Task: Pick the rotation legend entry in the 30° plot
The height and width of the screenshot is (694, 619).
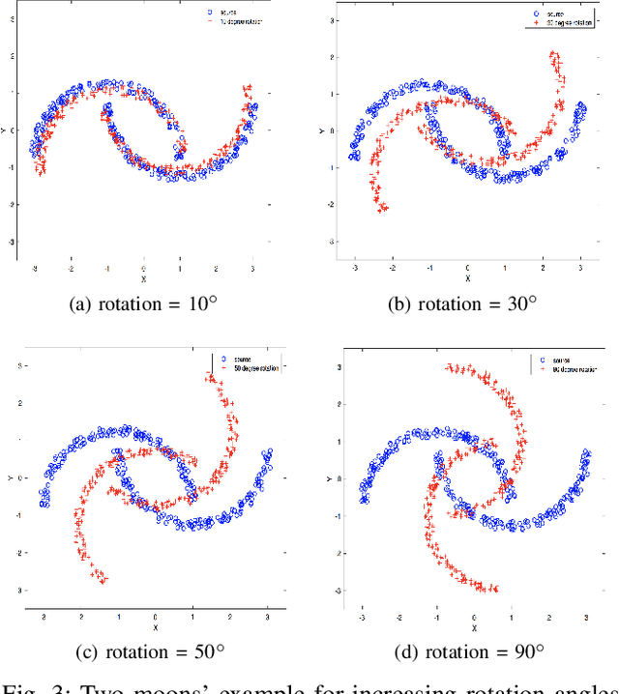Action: pos(562,23)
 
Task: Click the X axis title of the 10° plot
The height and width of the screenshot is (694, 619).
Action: pos(144,282)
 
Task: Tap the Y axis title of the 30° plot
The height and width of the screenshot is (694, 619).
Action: pos(329,130)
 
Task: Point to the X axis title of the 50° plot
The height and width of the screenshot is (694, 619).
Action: pos(155,627)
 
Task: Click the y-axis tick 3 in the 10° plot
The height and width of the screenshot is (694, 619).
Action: pos(14,19)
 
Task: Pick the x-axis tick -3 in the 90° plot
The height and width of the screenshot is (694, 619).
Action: pos(362,616)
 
